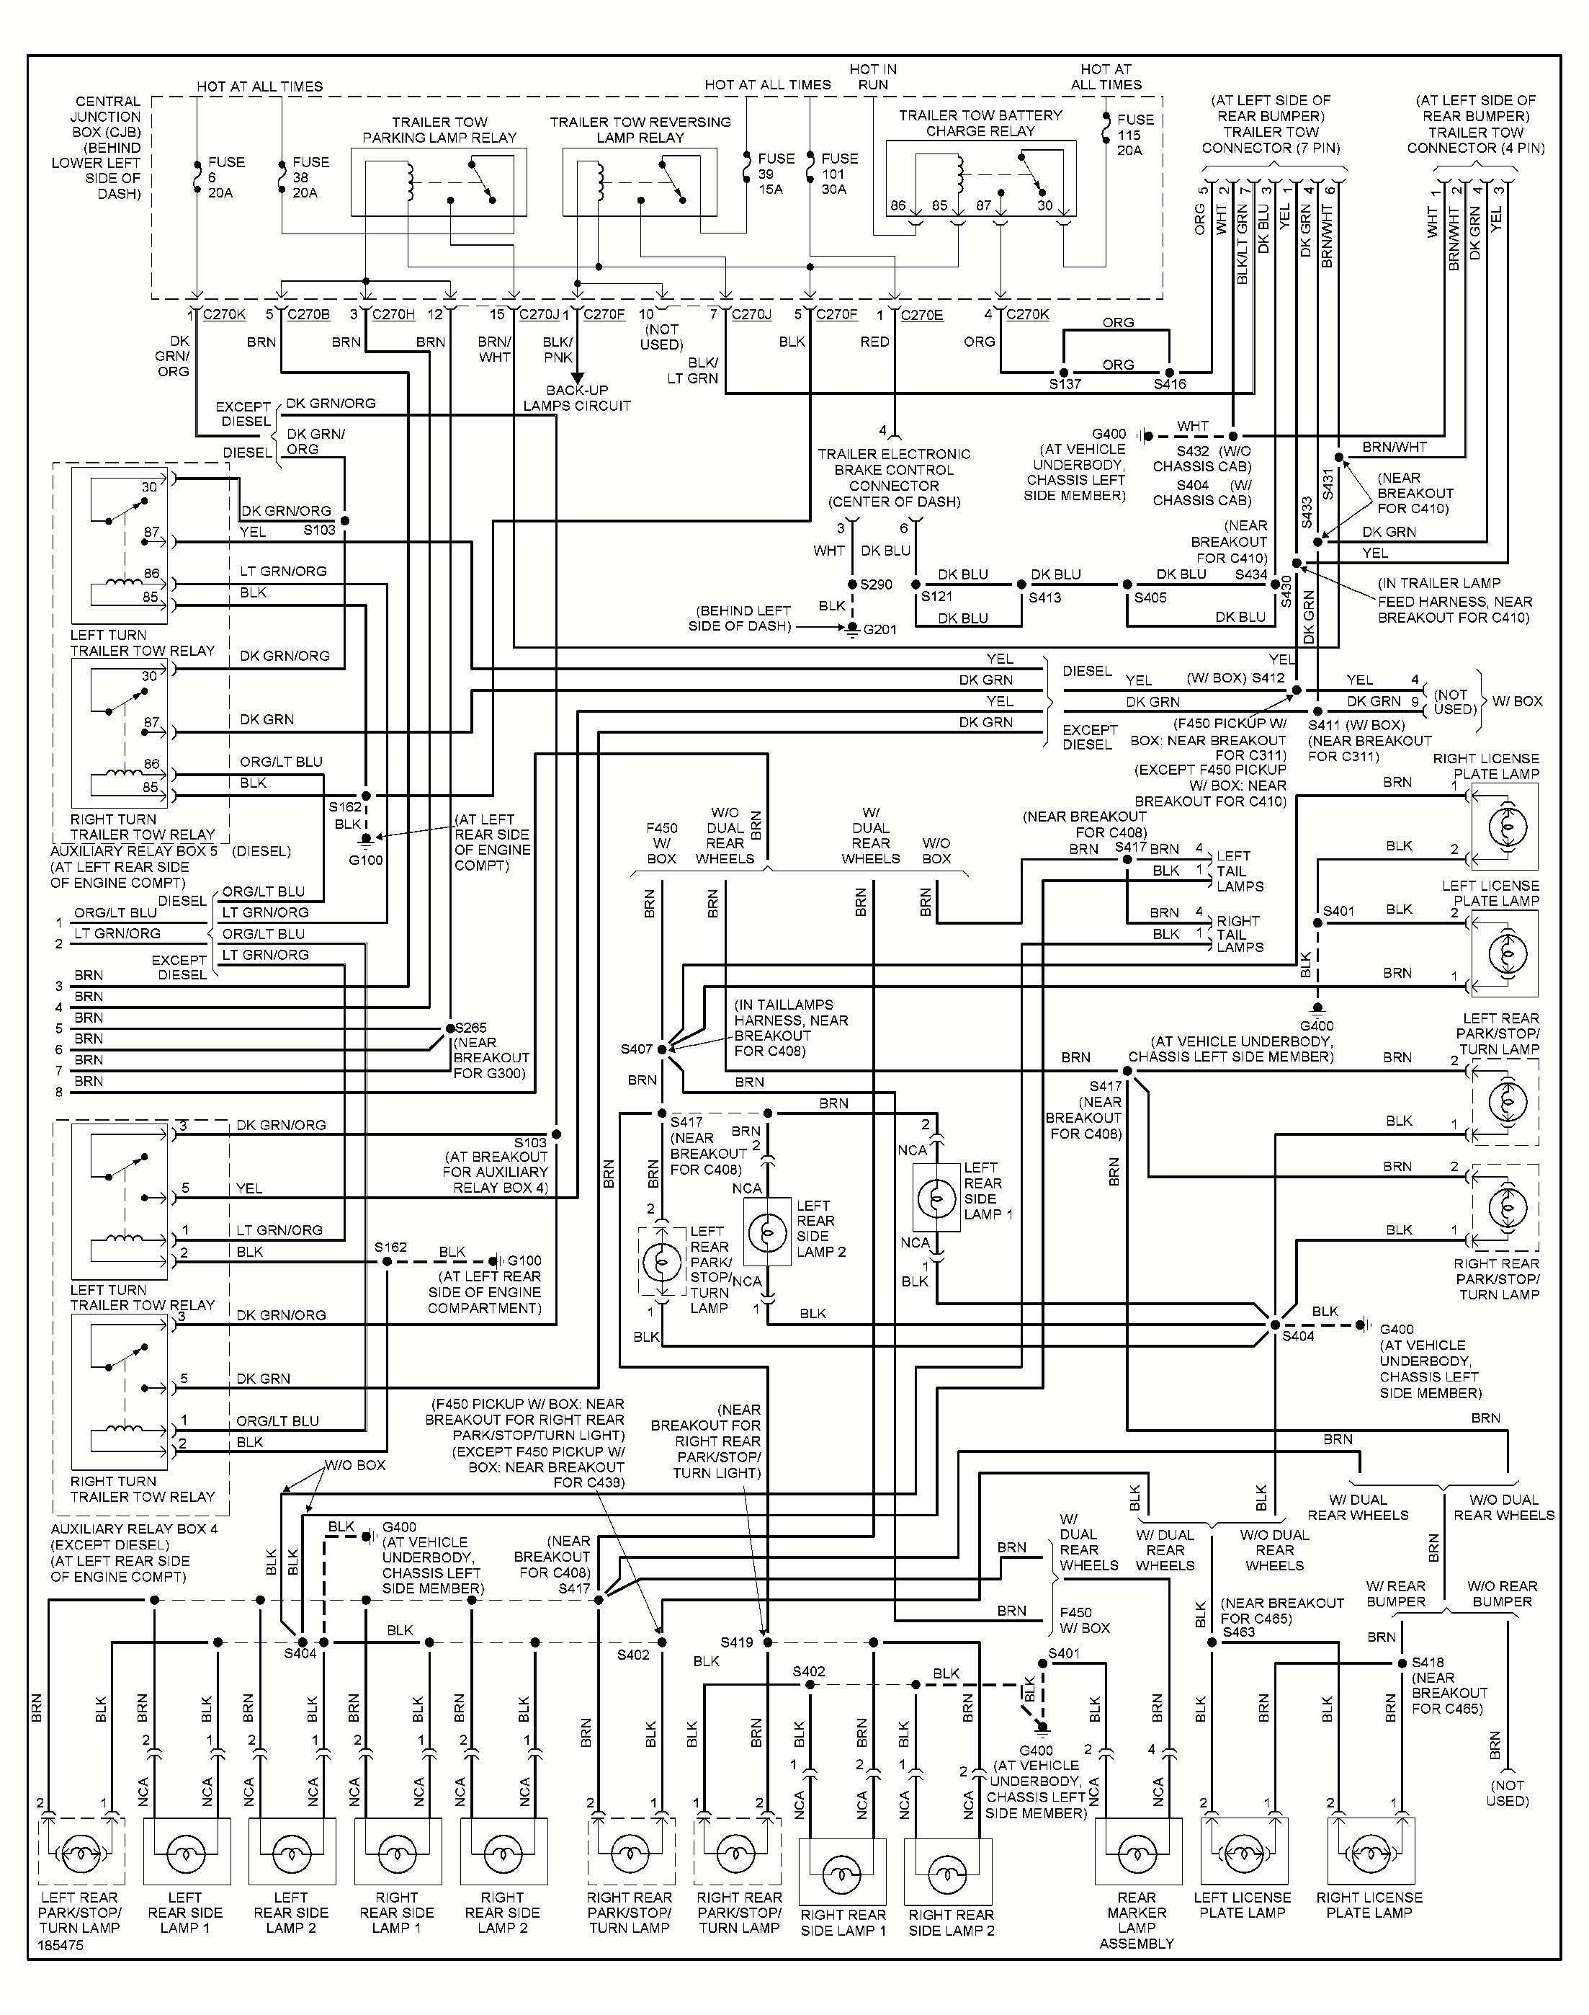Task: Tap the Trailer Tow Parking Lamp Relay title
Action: tap(439, 130)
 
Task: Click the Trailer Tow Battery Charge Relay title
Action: tap(980, 123)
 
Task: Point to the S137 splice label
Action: tap(1065, 384)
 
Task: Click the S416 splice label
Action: tap(1170, 384)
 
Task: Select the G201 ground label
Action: tap(879, 629)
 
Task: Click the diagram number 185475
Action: tap(61, 1945)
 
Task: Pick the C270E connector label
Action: tap(921, 316)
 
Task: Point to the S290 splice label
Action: tap(875, 584)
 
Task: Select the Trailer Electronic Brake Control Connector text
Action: tap(893, 478)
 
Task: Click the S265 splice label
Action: tap(471, 1028)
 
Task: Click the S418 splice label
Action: tap(1427, 1663)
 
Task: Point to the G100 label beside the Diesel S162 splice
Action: tap(366, 860)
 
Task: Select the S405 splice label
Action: tap(1150, 597)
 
